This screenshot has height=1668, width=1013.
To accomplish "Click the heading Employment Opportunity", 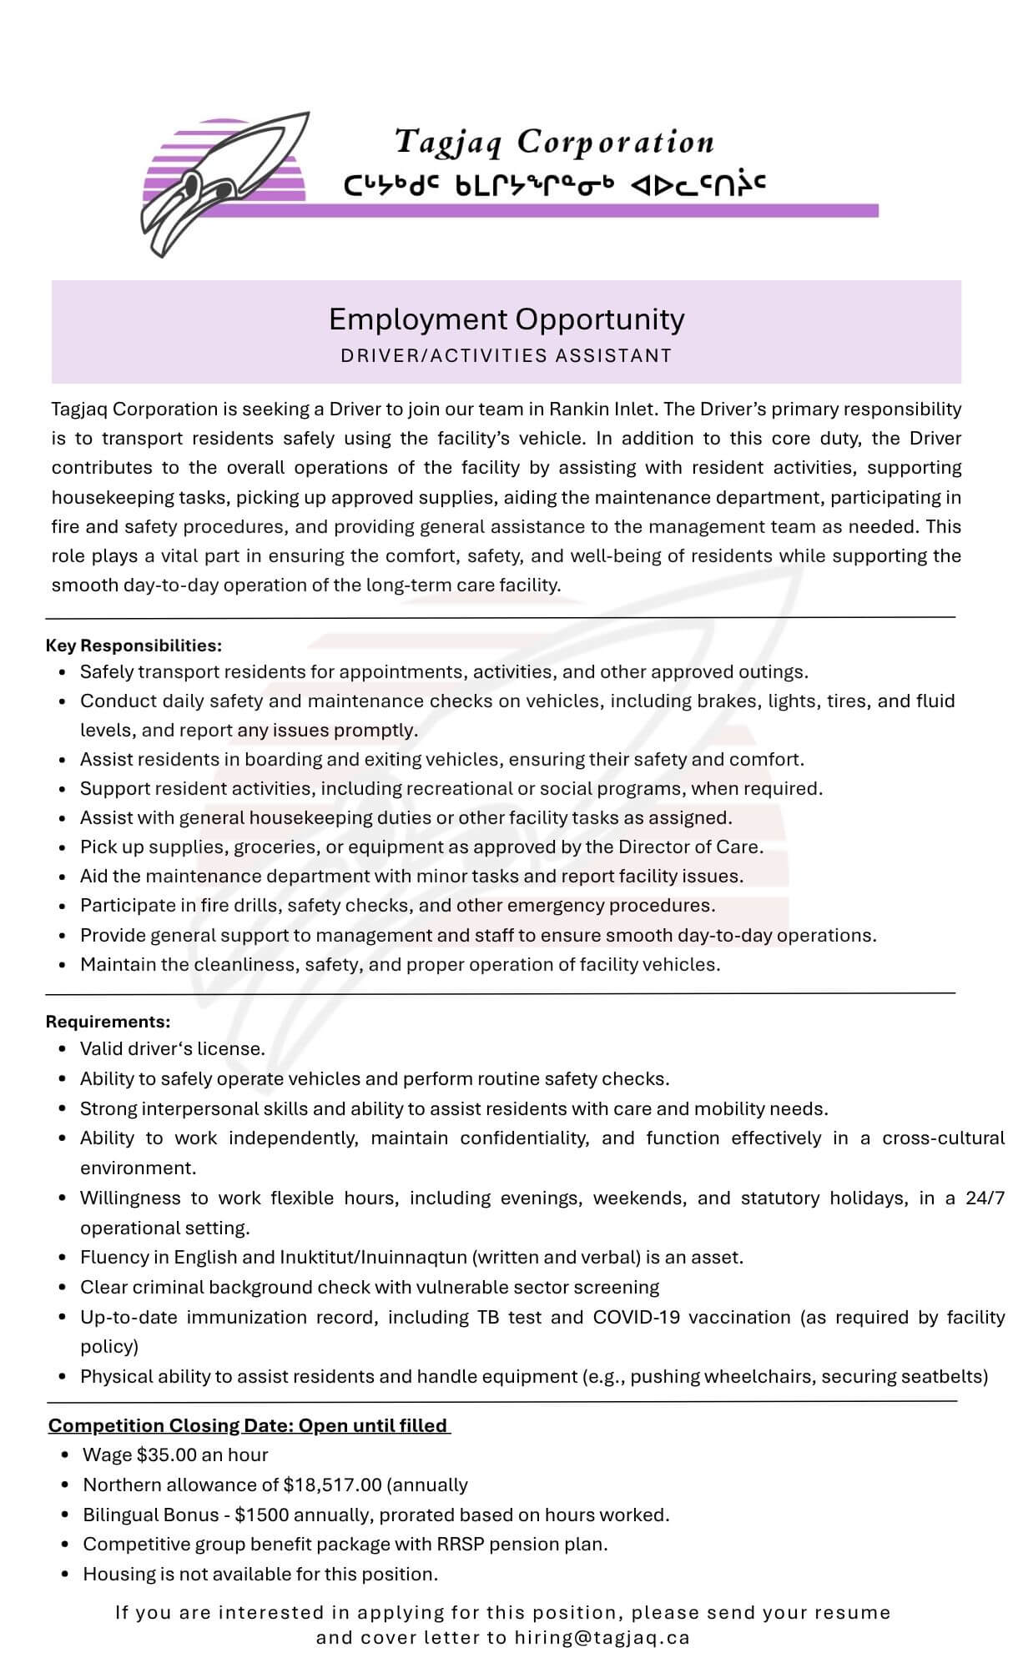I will [x=507, y=319].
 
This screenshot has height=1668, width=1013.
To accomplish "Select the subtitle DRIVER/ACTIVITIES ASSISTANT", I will [x=507, y=356].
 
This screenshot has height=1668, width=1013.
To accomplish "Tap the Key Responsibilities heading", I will [x=134, y=646].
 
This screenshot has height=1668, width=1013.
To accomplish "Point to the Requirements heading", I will [x=108, y=1022].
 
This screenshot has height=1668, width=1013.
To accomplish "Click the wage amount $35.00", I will [x=167, y=1454].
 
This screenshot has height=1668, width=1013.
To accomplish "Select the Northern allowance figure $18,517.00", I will [x=333, y=1485].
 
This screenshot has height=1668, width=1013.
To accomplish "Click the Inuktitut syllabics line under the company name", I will [x=555, y=184].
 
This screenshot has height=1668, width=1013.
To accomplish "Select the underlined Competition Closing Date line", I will [x=249, y=1425].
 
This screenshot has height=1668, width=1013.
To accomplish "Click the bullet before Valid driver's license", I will [x=63, y=1049].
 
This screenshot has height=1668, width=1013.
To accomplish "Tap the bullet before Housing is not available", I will [x=65, y=1575].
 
